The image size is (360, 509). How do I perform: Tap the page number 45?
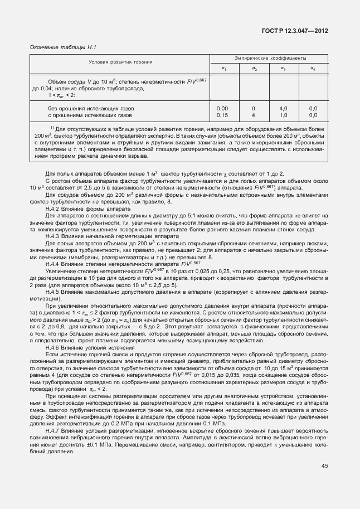pos(325,466)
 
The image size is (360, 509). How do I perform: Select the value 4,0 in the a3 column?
pos(283,108)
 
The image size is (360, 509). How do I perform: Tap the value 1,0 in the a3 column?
pos(283,115)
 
